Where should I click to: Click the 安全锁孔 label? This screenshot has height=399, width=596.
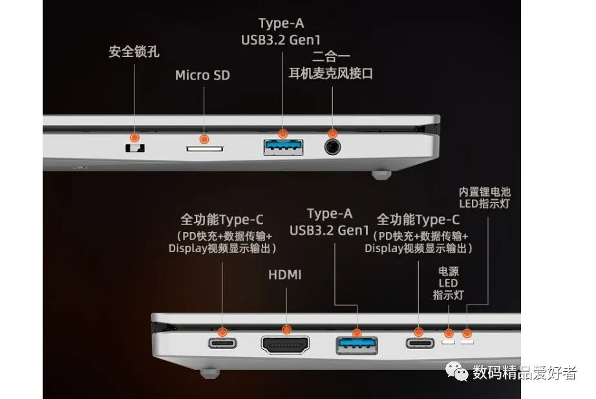pos(134,51)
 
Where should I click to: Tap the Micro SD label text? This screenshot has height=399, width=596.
pos(202,76)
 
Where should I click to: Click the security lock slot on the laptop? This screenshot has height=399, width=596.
pos(135,148)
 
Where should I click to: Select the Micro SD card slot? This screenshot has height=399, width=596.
pos(205,149)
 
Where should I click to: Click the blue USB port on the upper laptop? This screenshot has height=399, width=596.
pos(283,147)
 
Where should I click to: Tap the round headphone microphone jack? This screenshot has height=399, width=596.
pos(333,147)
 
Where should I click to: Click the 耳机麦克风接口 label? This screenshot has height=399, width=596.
pos(331,74)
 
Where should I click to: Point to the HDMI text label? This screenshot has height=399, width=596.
pos(284,275)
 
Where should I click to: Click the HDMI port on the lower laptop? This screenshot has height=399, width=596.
pos(285,344)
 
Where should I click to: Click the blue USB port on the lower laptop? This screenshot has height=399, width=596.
pos(356,344)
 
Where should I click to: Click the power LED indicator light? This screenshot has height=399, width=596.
pos(447,339)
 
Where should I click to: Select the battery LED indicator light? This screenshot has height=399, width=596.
pos(467,340)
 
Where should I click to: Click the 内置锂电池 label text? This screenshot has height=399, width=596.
pos(484,191)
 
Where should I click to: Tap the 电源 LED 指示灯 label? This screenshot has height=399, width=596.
pos(448,283)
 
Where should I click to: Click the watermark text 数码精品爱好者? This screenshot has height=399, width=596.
pos(524,372)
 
